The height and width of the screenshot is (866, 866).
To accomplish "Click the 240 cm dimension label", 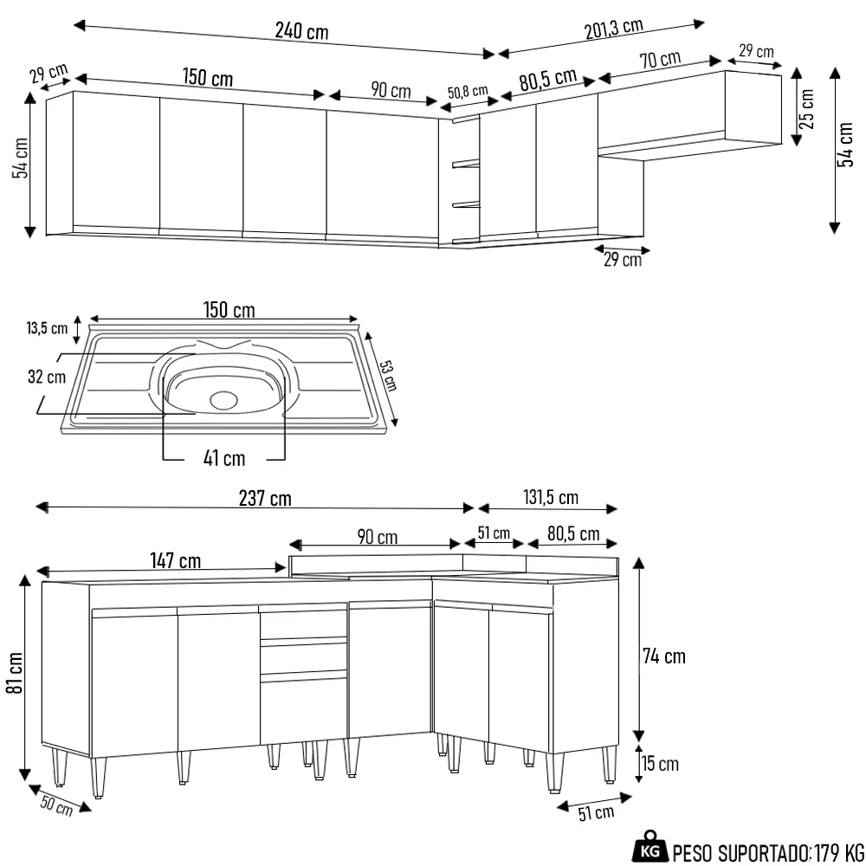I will tap(301, 32).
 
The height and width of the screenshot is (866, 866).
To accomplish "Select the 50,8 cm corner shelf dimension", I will tap(468, 92).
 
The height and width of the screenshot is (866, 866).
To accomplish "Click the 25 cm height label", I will tap(807, 108).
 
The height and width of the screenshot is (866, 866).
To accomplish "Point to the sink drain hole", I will tap(223, 399).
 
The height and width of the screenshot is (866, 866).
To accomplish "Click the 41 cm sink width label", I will tap(224, 457).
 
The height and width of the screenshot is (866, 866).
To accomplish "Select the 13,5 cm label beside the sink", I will tap(47, 328).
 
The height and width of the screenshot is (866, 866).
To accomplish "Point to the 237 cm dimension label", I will tap(265, 498).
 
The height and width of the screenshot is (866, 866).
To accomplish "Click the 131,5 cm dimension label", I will tap(551, 497).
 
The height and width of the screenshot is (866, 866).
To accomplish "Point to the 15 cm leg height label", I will tap(660, 764).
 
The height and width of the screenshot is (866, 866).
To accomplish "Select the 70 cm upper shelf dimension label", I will tap(660, 60).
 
